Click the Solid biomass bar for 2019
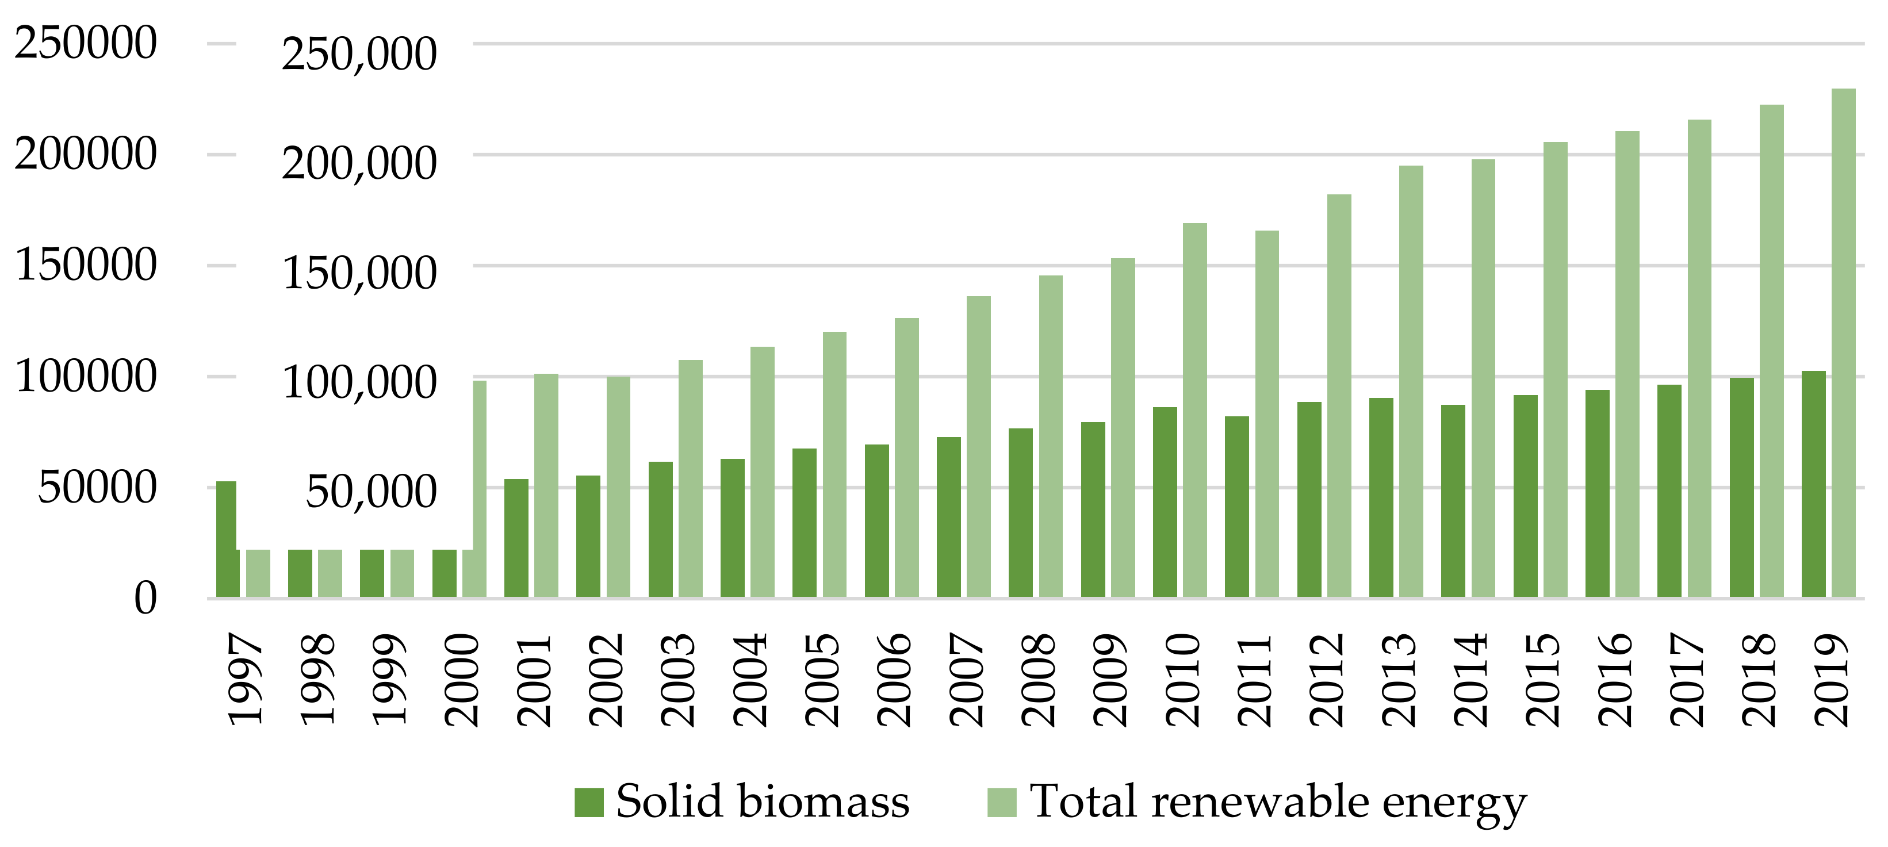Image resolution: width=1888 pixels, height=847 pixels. point(1813,484)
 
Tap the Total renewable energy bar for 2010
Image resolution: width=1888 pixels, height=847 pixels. point(1194,411)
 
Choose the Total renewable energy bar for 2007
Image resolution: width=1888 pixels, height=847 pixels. point(978,446)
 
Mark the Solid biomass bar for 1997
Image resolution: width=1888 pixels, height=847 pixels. point(227,539)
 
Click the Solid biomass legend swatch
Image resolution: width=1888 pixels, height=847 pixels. point(588,802)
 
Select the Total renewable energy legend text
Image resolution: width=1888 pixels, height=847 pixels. point(1278,802)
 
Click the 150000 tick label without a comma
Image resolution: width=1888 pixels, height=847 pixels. point(86,265)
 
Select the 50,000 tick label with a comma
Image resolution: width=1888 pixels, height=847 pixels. point(371,492)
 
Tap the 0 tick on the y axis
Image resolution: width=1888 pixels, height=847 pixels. point(145,599)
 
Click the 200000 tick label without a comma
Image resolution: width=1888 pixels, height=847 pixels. point(86,154)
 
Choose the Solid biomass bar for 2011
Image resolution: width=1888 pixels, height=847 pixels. point(1236,507)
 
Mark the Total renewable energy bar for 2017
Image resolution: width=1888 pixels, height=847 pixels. point(1699,358)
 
